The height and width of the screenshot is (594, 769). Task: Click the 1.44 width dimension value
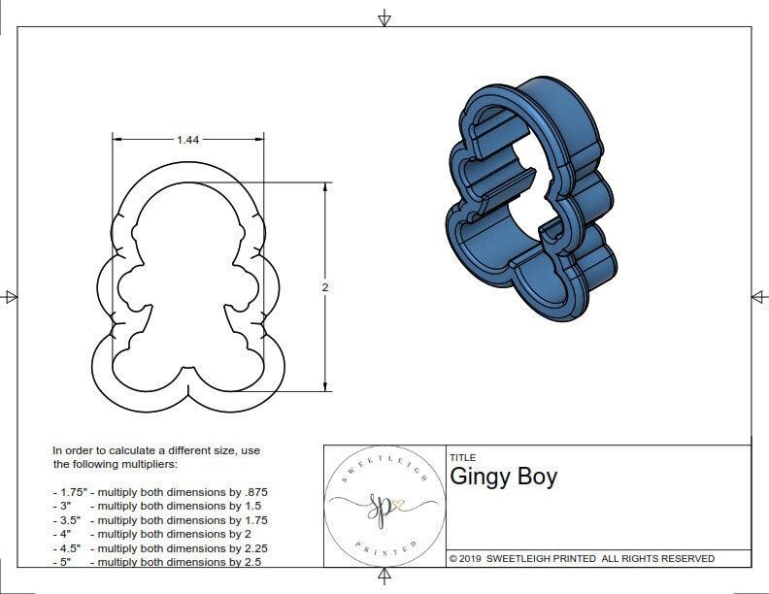pyautogui.click(x=187, y=140)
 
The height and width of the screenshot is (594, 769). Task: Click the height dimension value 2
pyautogui.click(x=324, y=287)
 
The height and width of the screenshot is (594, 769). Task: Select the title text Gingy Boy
pyautogui.click(x=503, y=478)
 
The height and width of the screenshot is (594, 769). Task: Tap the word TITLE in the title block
pyautogui.click(x=462, y=457)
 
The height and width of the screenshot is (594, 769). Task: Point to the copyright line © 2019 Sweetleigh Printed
pyautogui.click(x=582, y=558)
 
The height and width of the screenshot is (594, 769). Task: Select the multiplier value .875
pyautogui.click(x=254, y=492)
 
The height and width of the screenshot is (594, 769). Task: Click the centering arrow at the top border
pyautogui.click(x=384, y=17)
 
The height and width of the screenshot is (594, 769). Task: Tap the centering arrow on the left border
pyautogui.click(x=11, y=296)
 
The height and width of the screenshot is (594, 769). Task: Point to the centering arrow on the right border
pyautogui.click(x=758, y=296)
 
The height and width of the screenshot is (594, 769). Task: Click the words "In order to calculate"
pyautogui.click(x=102, y=450)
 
